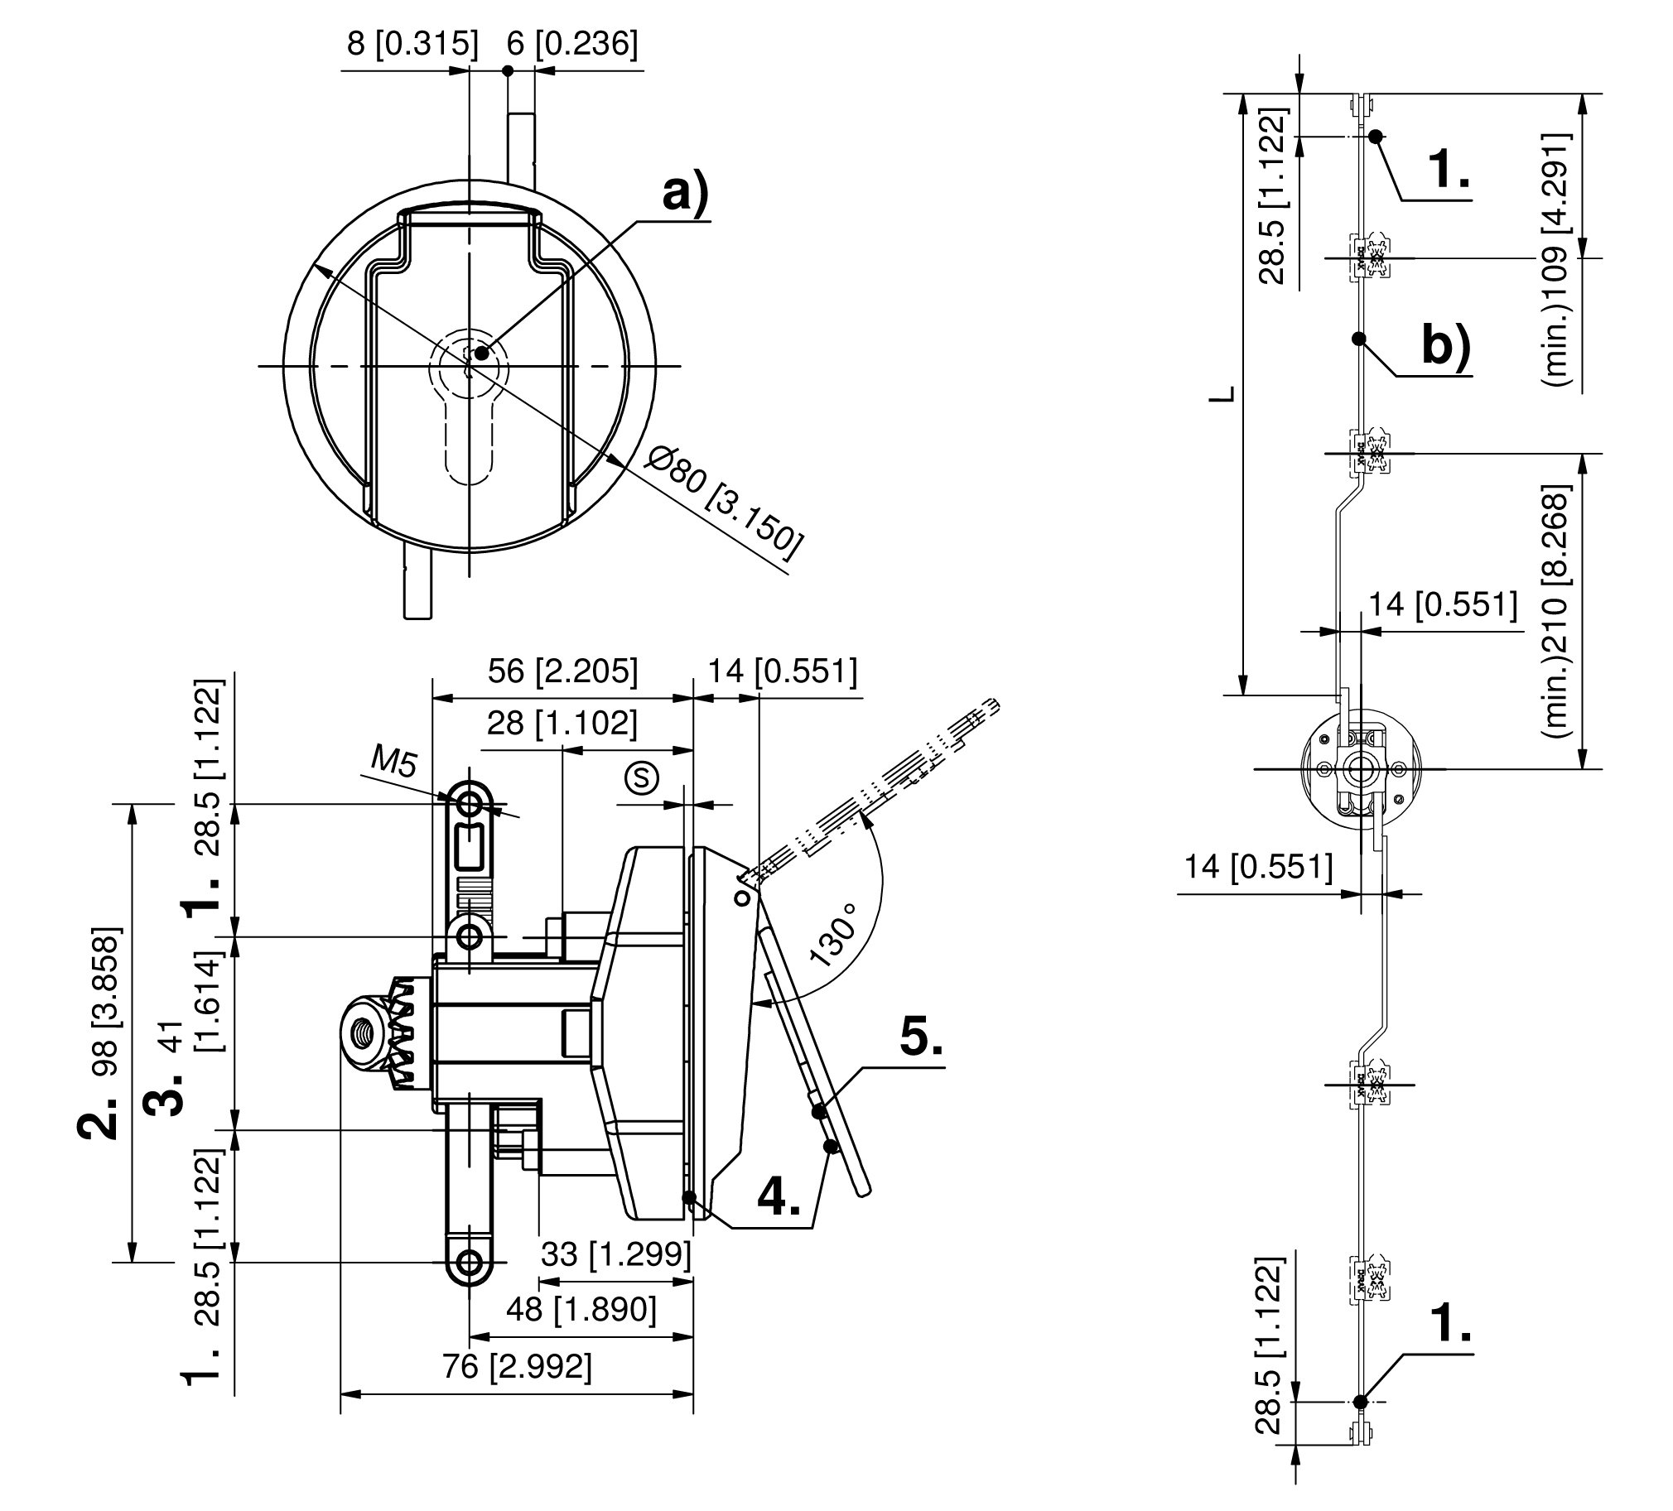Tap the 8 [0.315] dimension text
coord(412,43)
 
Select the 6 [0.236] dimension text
coord(571,43)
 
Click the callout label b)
coord(1445,345)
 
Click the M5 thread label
coord(393,760)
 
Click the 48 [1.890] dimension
coord(581,1308)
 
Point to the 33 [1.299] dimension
coord(615,1254)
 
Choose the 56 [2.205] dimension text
coord(562,671)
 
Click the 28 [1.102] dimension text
coord(562,724)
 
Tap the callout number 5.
coord(920,1037)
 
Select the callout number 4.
coord(779,1197)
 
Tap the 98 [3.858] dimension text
coord(106,1003)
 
